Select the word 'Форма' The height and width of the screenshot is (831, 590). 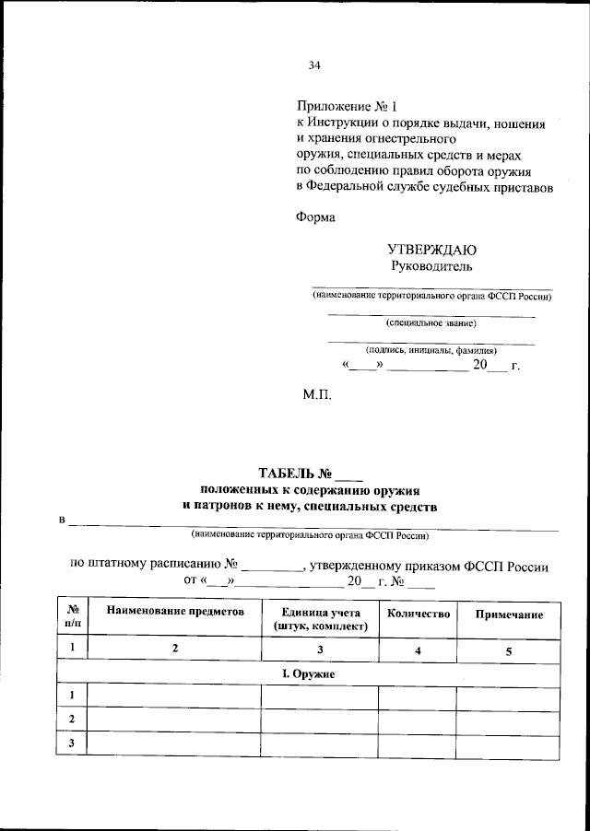click(316, 218)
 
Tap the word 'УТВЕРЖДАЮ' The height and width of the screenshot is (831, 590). click(431, 250)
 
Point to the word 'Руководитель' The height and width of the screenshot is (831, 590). click(431, 267)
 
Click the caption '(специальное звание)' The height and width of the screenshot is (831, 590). click(431, 323)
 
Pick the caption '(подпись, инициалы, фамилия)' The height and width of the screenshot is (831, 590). click(431, 350)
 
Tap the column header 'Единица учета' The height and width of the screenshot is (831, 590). click(320, 612)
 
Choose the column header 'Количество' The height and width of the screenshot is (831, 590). click(418, 613)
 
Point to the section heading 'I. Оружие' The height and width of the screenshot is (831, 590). click(307, 674)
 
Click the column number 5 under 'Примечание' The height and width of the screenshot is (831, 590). click(508, 651)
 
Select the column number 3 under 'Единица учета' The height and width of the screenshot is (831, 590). click(320, 650)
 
